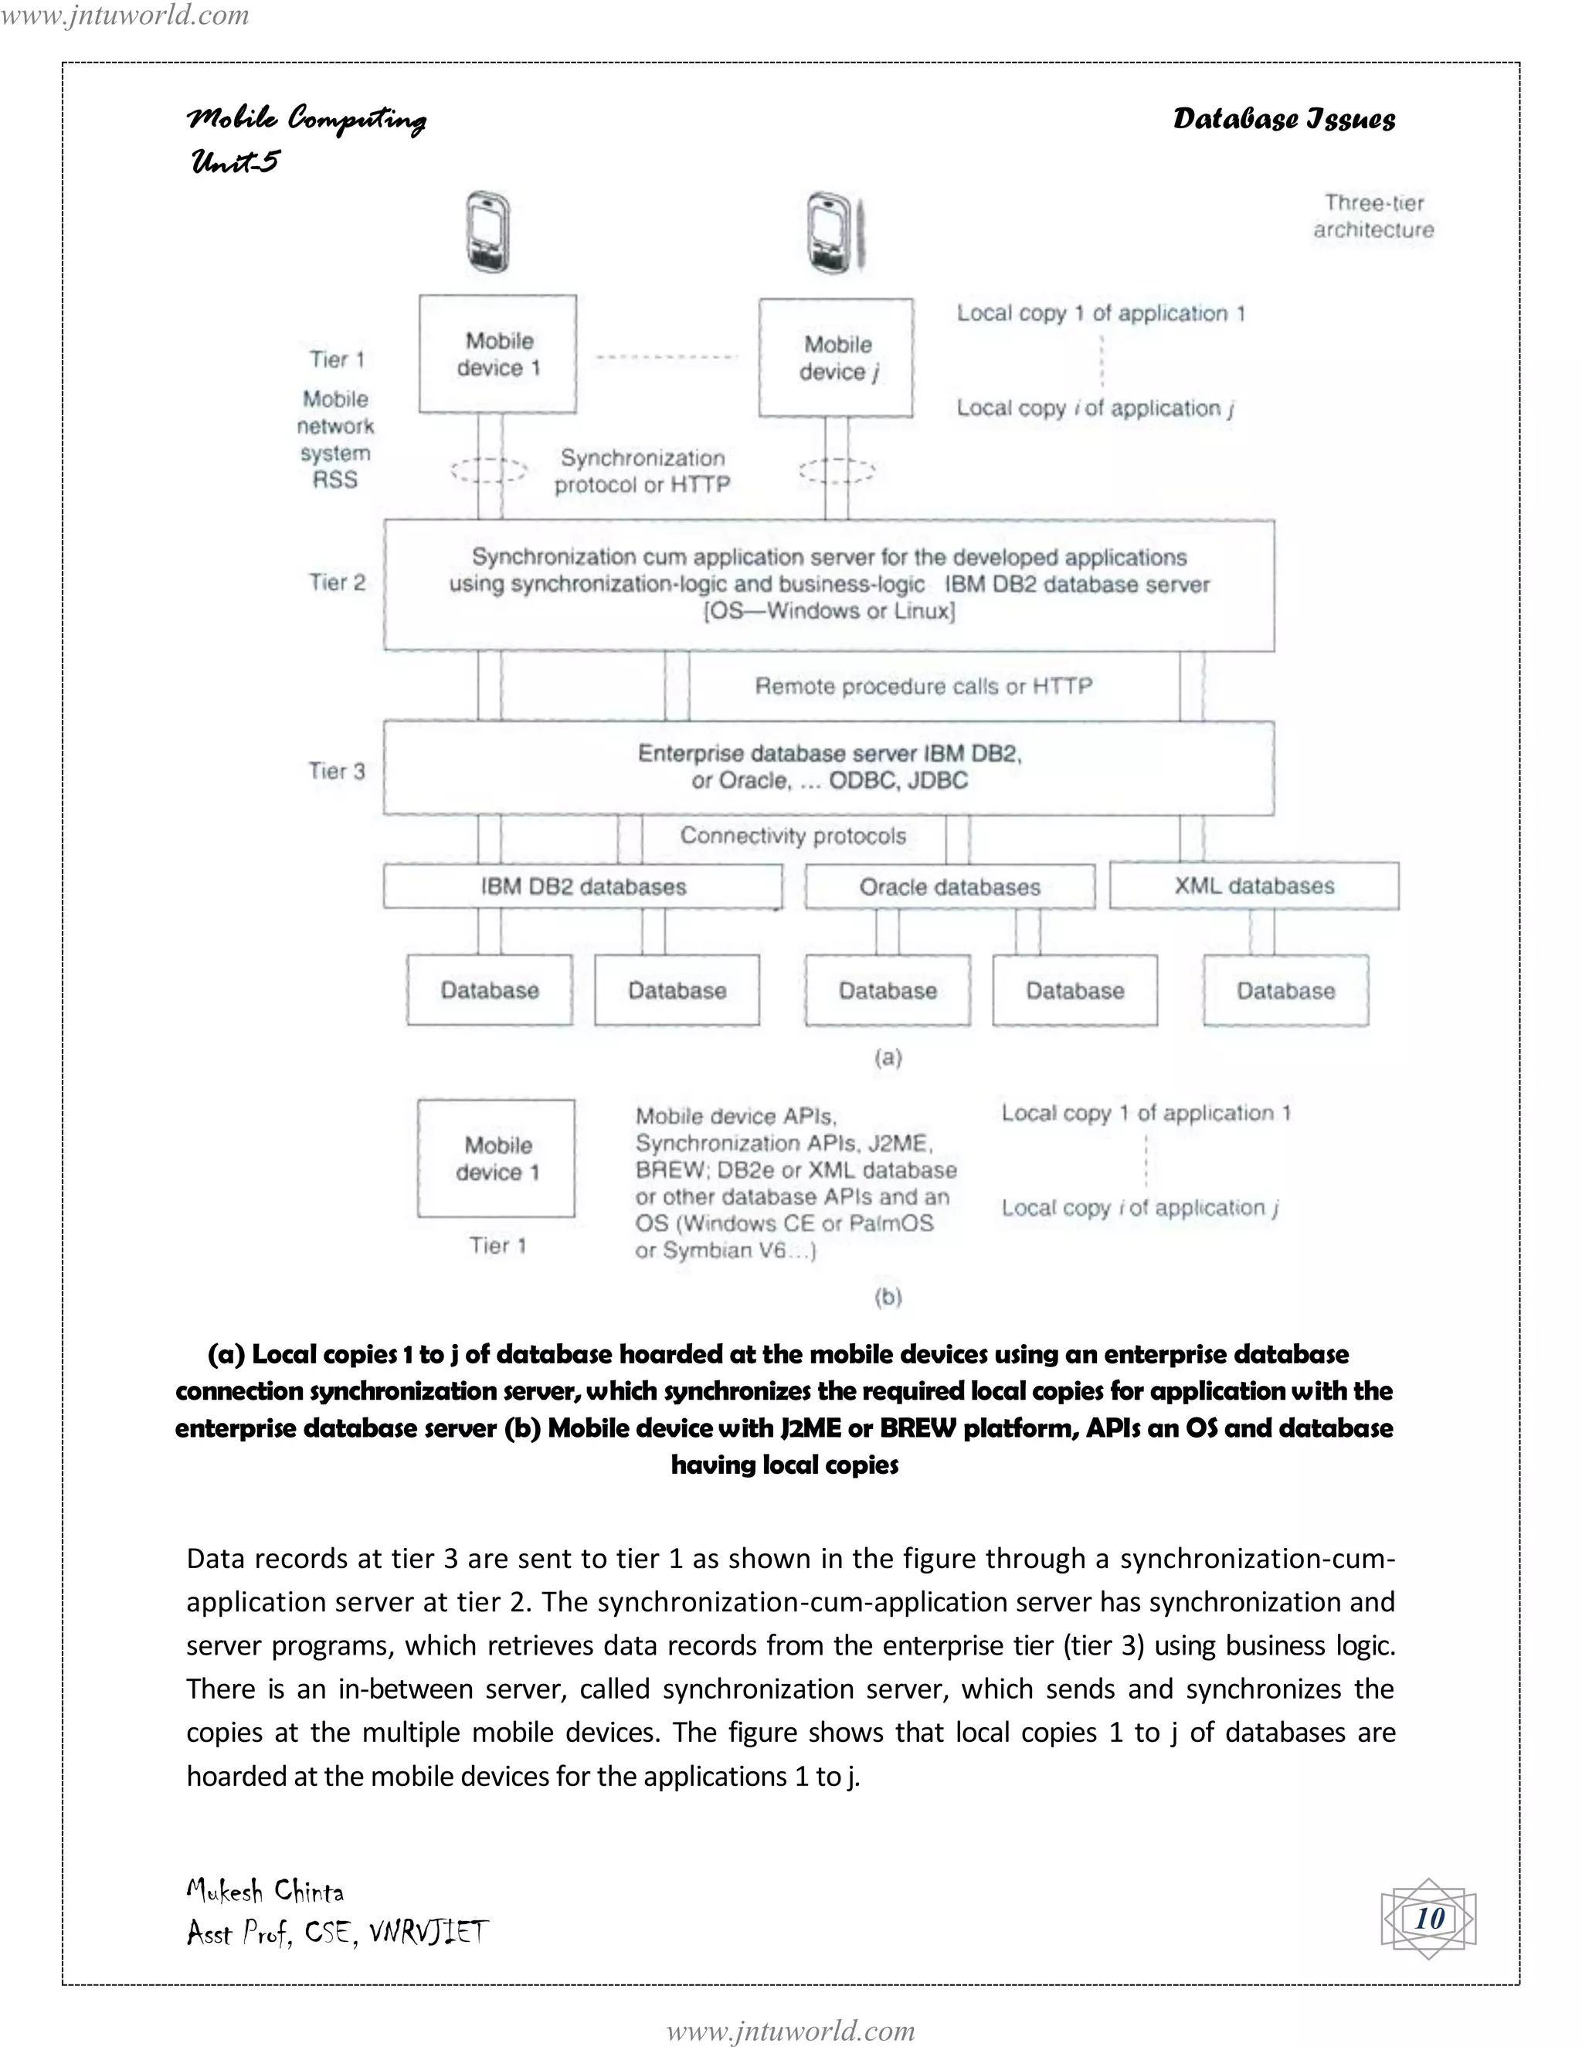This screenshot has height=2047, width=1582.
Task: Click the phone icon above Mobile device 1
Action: (488, 233)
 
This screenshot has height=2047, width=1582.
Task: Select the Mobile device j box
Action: (836, 358)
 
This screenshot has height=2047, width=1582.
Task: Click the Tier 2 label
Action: (338, 582)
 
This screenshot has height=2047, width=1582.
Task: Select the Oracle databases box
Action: (949, 887)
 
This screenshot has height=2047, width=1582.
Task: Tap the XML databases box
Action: (1253, 886)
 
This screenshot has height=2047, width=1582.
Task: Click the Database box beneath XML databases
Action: (1285, 991)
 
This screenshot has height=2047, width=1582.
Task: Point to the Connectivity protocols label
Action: (793, 835)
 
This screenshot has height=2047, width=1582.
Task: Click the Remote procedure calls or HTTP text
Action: (923, 686)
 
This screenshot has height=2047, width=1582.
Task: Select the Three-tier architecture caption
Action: (1373, 216)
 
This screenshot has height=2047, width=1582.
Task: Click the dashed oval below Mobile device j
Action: (836, 470)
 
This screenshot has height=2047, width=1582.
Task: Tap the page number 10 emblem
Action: (1428, 1918)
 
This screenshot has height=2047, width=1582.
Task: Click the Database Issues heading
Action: (1284, 119)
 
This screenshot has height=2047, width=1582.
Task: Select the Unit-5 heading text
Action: (236, 161)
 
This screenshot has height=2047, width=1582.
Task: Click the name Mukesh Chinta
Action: (265, 1890)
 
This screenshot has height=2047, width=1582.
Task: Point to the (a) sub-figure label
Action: (888, 1057)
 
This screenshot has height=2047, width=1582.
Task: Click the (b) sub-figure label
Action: (888, 1296)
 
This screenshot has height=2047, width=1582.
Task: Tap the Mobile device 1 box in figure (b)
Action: (497, 1159)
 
